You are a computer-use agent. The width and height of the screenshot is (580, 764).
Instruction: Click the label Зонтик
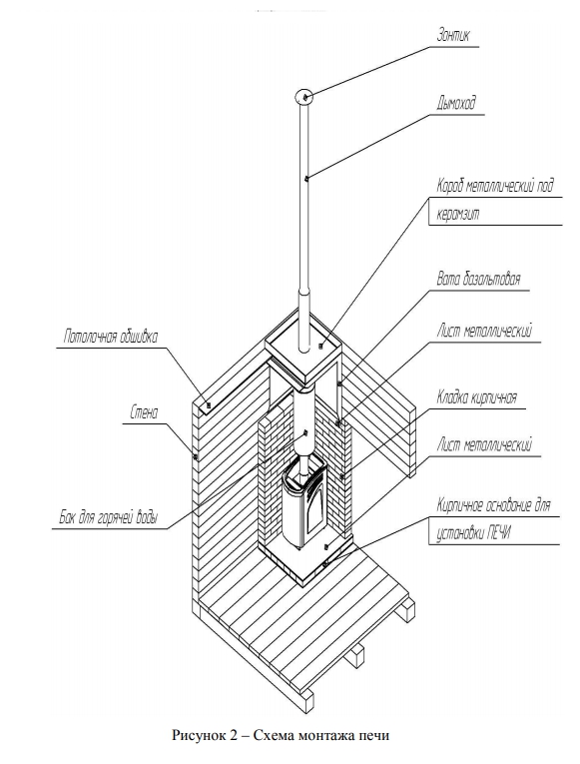[453, 36]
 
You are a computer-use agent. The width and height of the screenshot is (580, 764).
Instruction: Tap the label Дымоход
[455, 103]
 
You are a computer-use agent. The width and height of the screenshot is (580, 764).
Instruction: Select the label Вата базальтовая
[478, 279]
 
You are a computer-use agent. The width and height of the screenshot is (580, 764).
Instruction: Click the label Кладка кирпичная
[476, 397]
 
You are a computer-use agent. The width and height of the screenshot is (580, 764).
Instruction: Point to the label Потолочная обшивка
[111, 337]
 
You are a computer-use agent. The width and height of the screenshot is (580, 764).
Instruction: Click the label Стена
[144, 413]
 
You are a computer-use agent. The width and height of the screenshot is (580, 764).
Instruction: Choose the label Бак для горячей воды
[109, 517]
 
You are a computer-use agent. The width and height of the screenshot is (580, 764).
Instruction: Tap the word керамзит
[458, 215]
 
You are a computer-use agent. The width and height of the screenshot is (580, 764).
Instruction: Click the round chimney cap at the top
[303, 96]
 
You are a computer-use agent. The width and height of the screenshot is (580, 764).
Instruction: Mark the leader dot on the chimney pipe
[305, 179]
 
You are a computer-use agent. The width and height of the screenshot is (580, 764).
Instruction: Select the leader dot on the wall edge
[196, 457]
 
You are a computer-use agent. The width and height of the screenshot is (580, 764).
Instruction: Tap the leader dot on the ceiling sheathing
[209, 404]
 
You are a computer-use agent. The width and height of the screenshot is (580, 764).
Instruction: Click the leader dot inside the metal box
[320, 347]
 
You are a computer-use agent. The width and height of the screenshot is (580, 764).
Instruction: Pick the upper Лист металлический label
[484, 331]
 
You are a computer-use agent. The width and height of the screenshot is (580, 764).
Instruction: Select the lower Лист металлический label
[484, 444]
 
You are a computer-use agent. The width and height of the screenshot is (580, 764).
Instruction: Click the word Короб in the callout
[450, 186]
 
